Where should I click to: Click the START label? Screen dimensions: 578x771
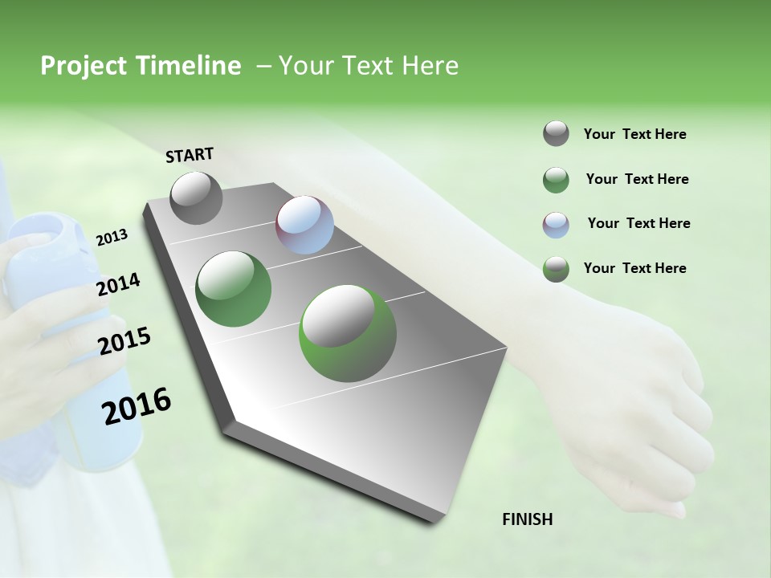(x=190, y=155)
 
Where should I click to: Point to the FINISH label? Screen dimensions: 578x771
(x=527, y=519)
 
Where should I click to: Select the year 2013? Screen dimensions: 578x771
(x=112, y=238)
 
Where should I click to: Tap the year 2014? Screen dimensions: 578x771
(x=118, y=285)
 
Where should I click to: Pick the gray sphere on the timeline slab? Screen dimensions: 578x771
(x=196, y=198)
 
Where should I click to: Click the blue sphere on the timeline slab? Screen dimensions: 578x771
(x=304, y=225)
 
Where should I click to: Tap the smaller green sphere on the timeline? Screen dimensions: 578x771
(x=234, y=289)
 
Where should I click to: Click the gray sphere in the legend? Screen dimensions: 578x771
(x=556, y=134)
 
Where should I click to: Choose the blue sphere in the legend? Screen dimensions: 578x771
(x=556, y=224)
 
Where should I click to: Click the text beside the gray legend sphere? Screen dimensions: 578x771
(x=634, y=134)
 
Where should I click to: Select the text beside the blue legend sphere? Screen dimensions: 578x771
(x=638, y=223)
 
